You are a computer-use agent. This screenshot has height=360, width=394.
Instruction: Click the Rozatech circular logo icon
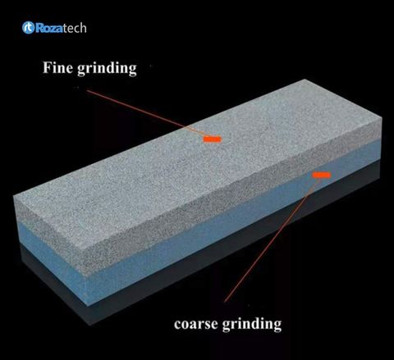[28, 28]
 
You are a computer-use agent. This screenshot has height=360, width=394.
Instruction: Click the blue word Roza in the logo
[49, 28]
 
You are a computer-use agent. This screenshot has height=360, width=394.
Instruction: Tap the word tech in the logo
[75, 28]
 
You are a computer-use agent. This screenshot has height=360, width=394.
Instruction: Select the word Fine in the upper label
[57, 67]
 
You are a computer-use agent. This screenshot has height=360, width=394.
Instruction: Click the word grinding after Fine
[107, 69]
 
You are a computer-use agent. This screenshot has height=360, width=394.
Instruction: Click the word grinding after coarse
[251, 325]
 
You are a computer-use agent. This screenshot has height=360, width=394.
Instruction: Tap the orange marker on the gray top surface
[212, 139]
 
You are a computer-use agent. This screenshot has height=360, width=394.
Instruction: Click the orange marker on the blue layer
[322, 175]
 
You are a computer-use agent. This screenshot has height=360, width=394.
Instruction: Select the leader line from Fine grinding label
[145, 112]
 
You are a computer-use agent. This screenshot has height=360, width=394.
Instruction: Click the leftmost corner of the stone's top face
[14, 196]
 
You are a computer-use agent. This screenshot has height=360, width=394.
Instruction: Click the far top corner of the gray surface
[305, 80]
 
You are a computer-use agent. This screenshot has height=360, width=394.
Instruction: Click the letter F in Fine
[47, 67]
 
